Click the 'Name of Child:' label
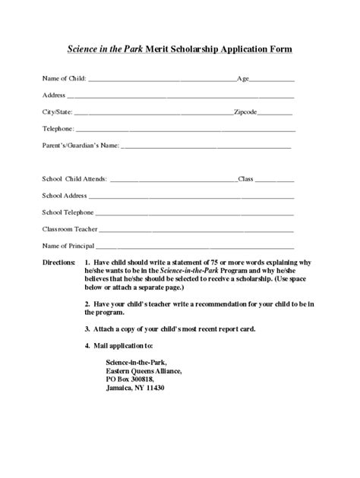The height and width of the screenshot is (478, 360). tap(65, 78)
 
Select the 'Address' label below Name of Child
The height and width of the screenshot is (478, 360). tap(54, 95)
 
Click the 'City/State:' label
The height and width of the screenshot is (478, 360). tap(59, 112)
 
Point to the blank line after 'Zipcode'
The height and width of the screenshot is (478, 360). tap(276, 113)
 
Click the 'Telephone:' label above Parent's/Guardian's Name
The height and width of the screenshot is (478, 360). tap(58, 128)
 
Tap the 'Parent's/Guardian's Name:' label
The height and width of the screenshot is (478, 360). tap(81, 145)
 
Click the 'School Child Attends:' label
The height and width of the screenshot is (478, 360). tap(74, 180)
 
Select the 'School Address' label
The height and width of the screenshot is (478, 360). tap(65, 196)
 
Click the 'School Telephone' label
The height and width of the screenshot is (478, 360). tap(68, 212)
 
